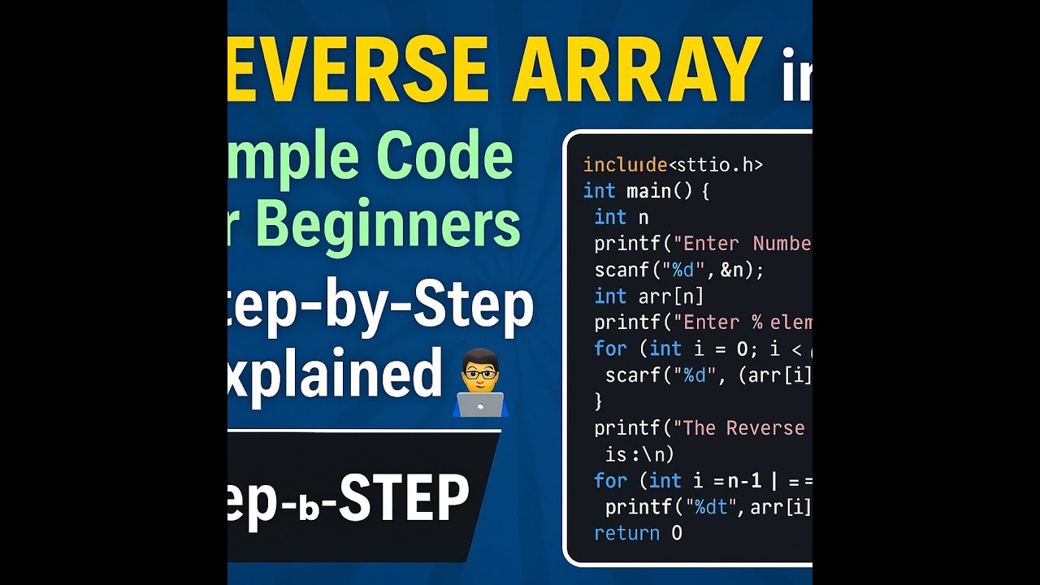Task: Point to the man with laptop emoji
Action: [480, 383]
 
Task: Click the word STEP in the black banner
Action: [404, 497]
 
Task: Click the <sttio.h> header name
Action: [715, 165]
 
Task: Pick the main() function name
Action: [657, 191]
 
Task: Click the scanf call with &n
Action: [679, 270]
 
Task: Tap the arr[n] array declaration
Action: [671, 296]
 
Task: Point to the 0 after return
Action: [677, 533]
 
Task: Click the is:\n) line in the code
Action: [639, 453]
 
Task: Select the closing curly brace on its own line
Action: [599, 401]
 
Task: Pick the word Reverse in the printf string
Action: [765, 428]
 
